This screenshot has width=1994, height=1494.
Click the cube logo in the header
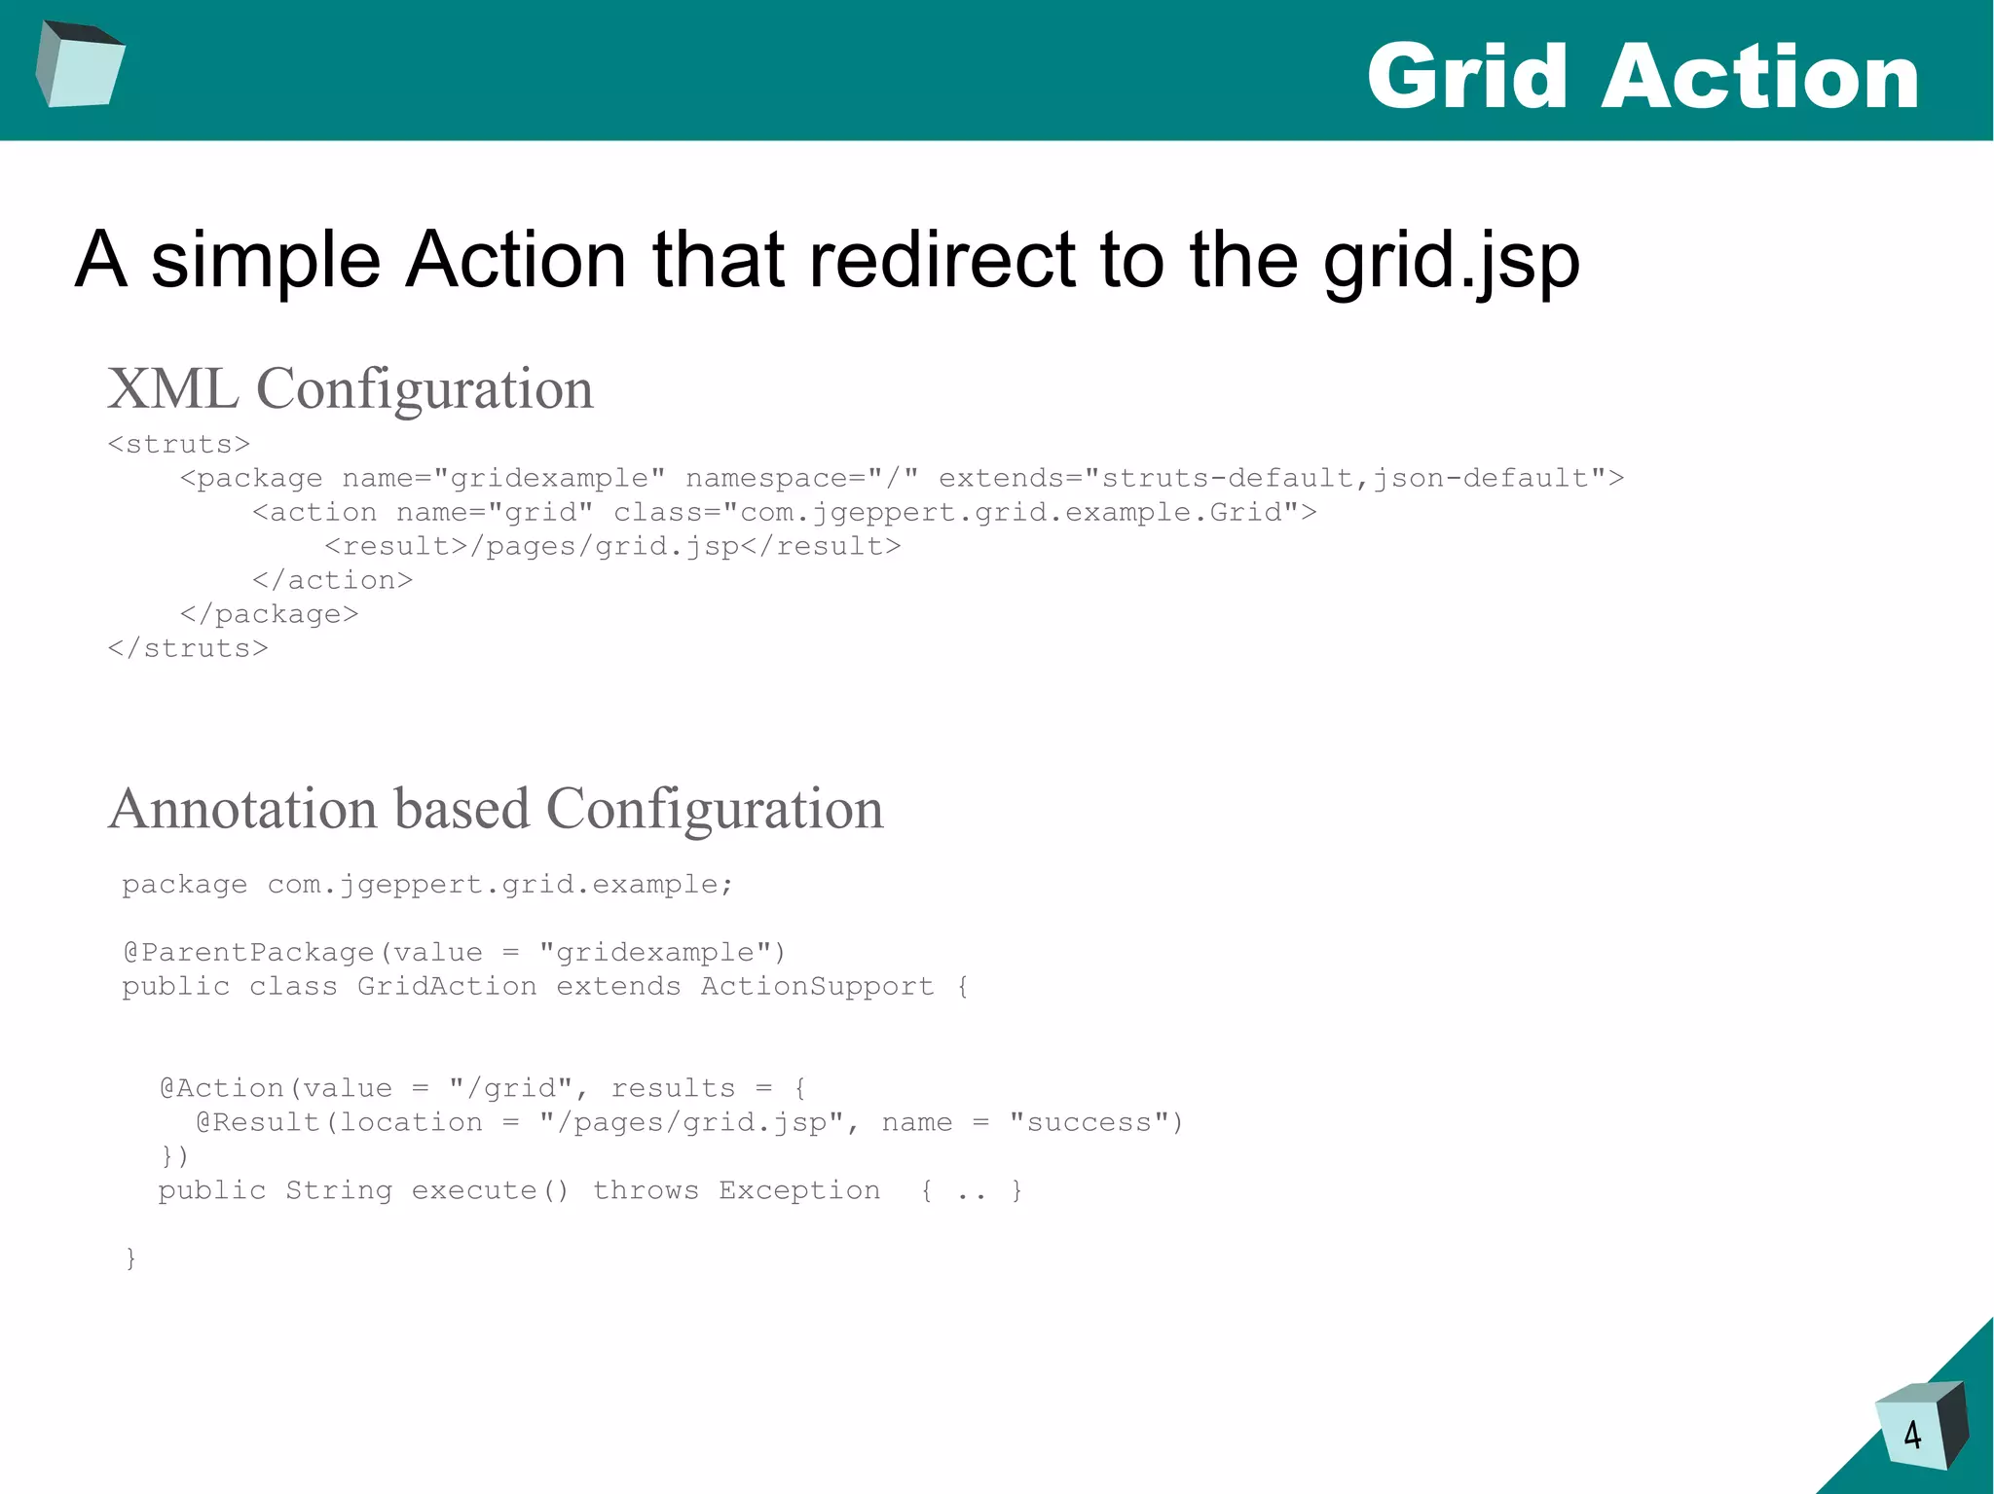tap(80, 64)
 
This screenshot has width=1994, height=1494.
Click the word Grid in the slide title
tap(1467, 78)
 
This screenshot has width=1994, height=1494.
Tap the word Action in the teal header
tap(1759, 78)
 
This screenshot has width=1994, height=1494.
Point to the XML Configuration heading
tap(351, 389)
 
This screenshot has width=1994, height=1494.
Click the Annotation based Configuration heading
tap(496, 809)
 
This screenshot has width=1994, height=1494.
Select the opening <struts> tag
tap(179, 445)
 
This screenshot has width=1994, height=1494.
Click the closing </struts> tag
tap(188, 649)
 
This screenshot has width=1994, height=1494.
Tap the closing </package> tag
tap(270, 615)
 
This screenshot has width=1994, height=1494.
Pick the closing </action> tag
tap(333, 581)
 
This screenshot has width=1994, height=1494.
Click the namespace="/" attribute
tap(801, 479)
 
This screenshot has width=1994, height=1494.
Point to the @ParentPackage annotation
tap(249, 953)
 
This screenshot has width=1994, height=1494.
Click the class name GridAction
tap(447, 987)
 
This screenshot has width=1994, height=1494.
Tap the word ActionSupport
tap(817, 987)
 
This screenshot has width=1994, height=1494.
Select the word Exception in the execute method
tap(799, 1191)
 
